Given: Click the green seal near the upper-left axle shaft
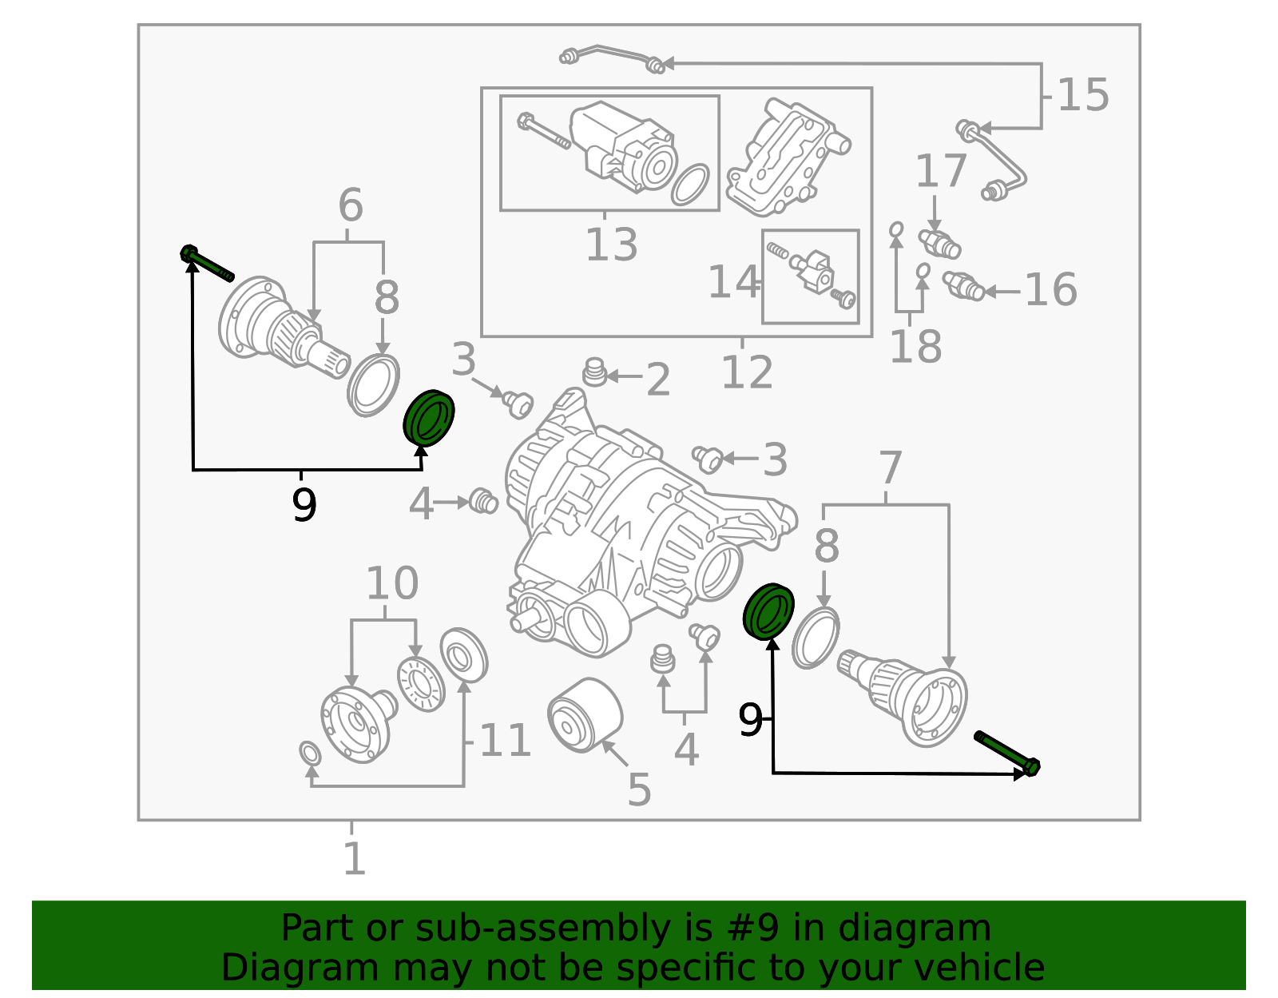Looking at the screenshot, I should click(x=429, y=417).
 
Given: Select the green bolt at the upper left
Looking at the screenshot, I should click(x=206, y=264).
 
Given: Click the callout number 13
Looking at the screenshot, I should click(x=611, y=245).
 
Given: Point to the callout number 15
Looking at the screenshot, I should click(x=1082, y=95).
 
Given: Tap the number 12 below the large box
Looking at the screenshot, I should click(x=747, y=372).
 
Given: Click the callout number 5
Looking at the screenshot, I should click(x=639, y=789).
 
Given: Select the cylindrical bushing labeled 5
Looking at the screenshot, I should click(x=585, y=714).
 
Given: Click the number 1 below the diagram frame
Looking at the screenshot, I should click(x=354, y=859).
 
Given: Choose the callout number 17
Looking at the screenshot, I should click(x=941, y=171).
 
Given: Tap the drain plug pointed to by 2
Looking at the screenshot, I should click(x=593, y=372).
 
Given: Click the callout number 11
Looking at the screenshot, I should click(x=505, y=741).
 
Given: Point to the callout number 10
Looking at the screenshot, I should click(x=391, y=583).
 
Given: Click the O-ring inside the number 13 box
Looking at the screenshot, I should click(x=690, y=185).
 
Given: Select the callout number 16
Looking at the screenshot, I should click(x=1050, y=289).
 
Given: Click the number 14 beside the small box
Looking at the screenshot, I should click(x=733, y=282).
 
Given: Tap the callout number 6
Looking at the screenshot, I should click(x=350, y=205).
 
